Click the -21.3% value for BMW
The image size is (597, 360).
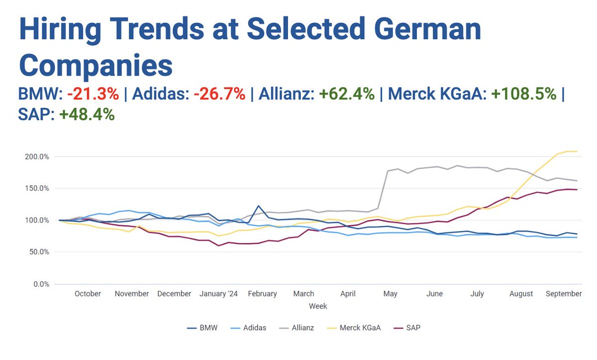(93, 93)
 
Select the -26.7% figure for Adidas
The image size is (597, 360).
(218, 93)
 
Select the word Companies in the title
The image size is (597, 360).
(96, 65)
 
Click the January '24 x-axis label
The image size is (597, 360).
(219, 294)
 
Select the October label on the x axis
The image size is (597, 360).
(88, 294)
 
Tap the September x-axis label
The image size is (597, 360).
(564, 294)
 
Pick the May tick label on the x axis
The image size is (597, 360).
(391, 294)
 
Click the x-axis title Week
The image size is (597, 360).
(318, 306)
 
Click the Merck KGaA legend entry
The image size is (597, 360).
(358, 328)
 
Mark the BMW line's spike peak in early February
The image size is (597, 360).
(258, 205)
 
